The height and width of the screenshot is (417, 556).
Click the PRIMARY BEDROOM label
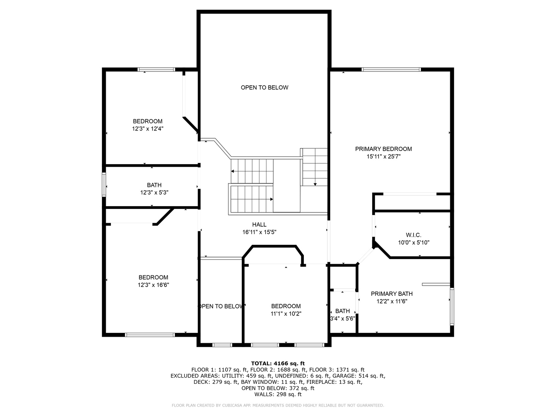pos(383,149)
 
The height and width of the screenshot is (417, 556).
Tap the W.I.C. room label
pos(414,235)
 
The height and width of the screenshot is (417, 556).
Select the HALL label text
pos(259,225)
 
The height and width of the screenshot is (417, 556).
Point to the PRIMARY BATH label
pos(392,294)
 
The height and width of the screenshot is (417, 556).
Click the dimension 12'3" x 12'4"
pos(147,129)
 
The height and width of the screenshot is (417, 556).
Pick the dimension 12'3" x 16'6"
pos(153,285)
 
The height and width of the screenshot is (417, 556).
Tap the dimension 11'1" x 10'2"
pos(286,314)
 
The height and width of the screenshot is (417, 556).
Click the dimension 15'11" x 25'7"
pos(383,156)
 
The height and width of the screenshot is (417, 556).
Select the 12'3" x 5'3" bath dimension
pos(154,193)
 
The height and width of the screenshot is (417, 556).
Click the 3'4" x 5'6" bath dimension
pos(342,319)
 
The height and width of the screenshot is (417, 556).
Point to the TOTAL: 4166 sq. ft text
pos(278,364)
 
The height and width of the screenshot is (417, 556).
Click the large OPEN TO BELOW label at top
pos(264,88)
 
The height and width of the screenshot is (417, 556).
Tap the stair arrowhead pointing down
pos(315,185)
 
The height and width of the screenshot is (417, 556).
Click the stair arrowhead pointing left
pos(232,171)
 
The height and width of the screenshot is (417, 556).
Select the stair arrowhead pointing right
pos(271,199)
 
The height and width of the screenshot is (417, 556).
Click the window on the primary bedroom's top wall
pos(391,69)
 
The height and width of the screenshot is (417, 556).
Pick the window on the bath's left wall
pos(104,185)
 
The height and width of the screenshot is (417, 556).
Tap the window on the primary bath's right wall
pos(452,306)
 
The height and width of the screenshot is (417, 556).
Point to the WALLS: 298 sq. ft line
pos(278,394)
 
